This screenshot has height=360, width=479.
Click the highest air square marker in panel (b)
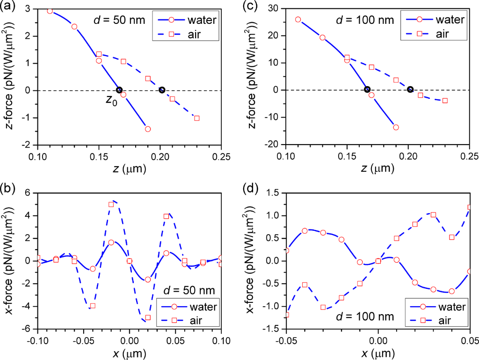pyautogui.click(x=111, y=205)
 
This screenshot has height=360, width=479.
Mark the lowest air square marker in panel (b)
pyautogui.click(x=148, y=317)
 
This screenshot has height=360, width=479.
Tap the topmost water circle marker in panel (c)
pyautogui.click(x=298, y=20)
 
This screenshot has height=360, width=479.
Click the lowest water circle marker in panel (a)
pyautogui.click(x=148, y=129)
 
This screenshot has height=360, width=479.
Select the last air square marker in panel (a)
pyautogui.click(x=197, y=118)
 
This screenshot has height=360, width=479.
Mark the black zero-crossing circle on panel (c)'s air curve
pyautogui.click(x=410, y=89)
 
